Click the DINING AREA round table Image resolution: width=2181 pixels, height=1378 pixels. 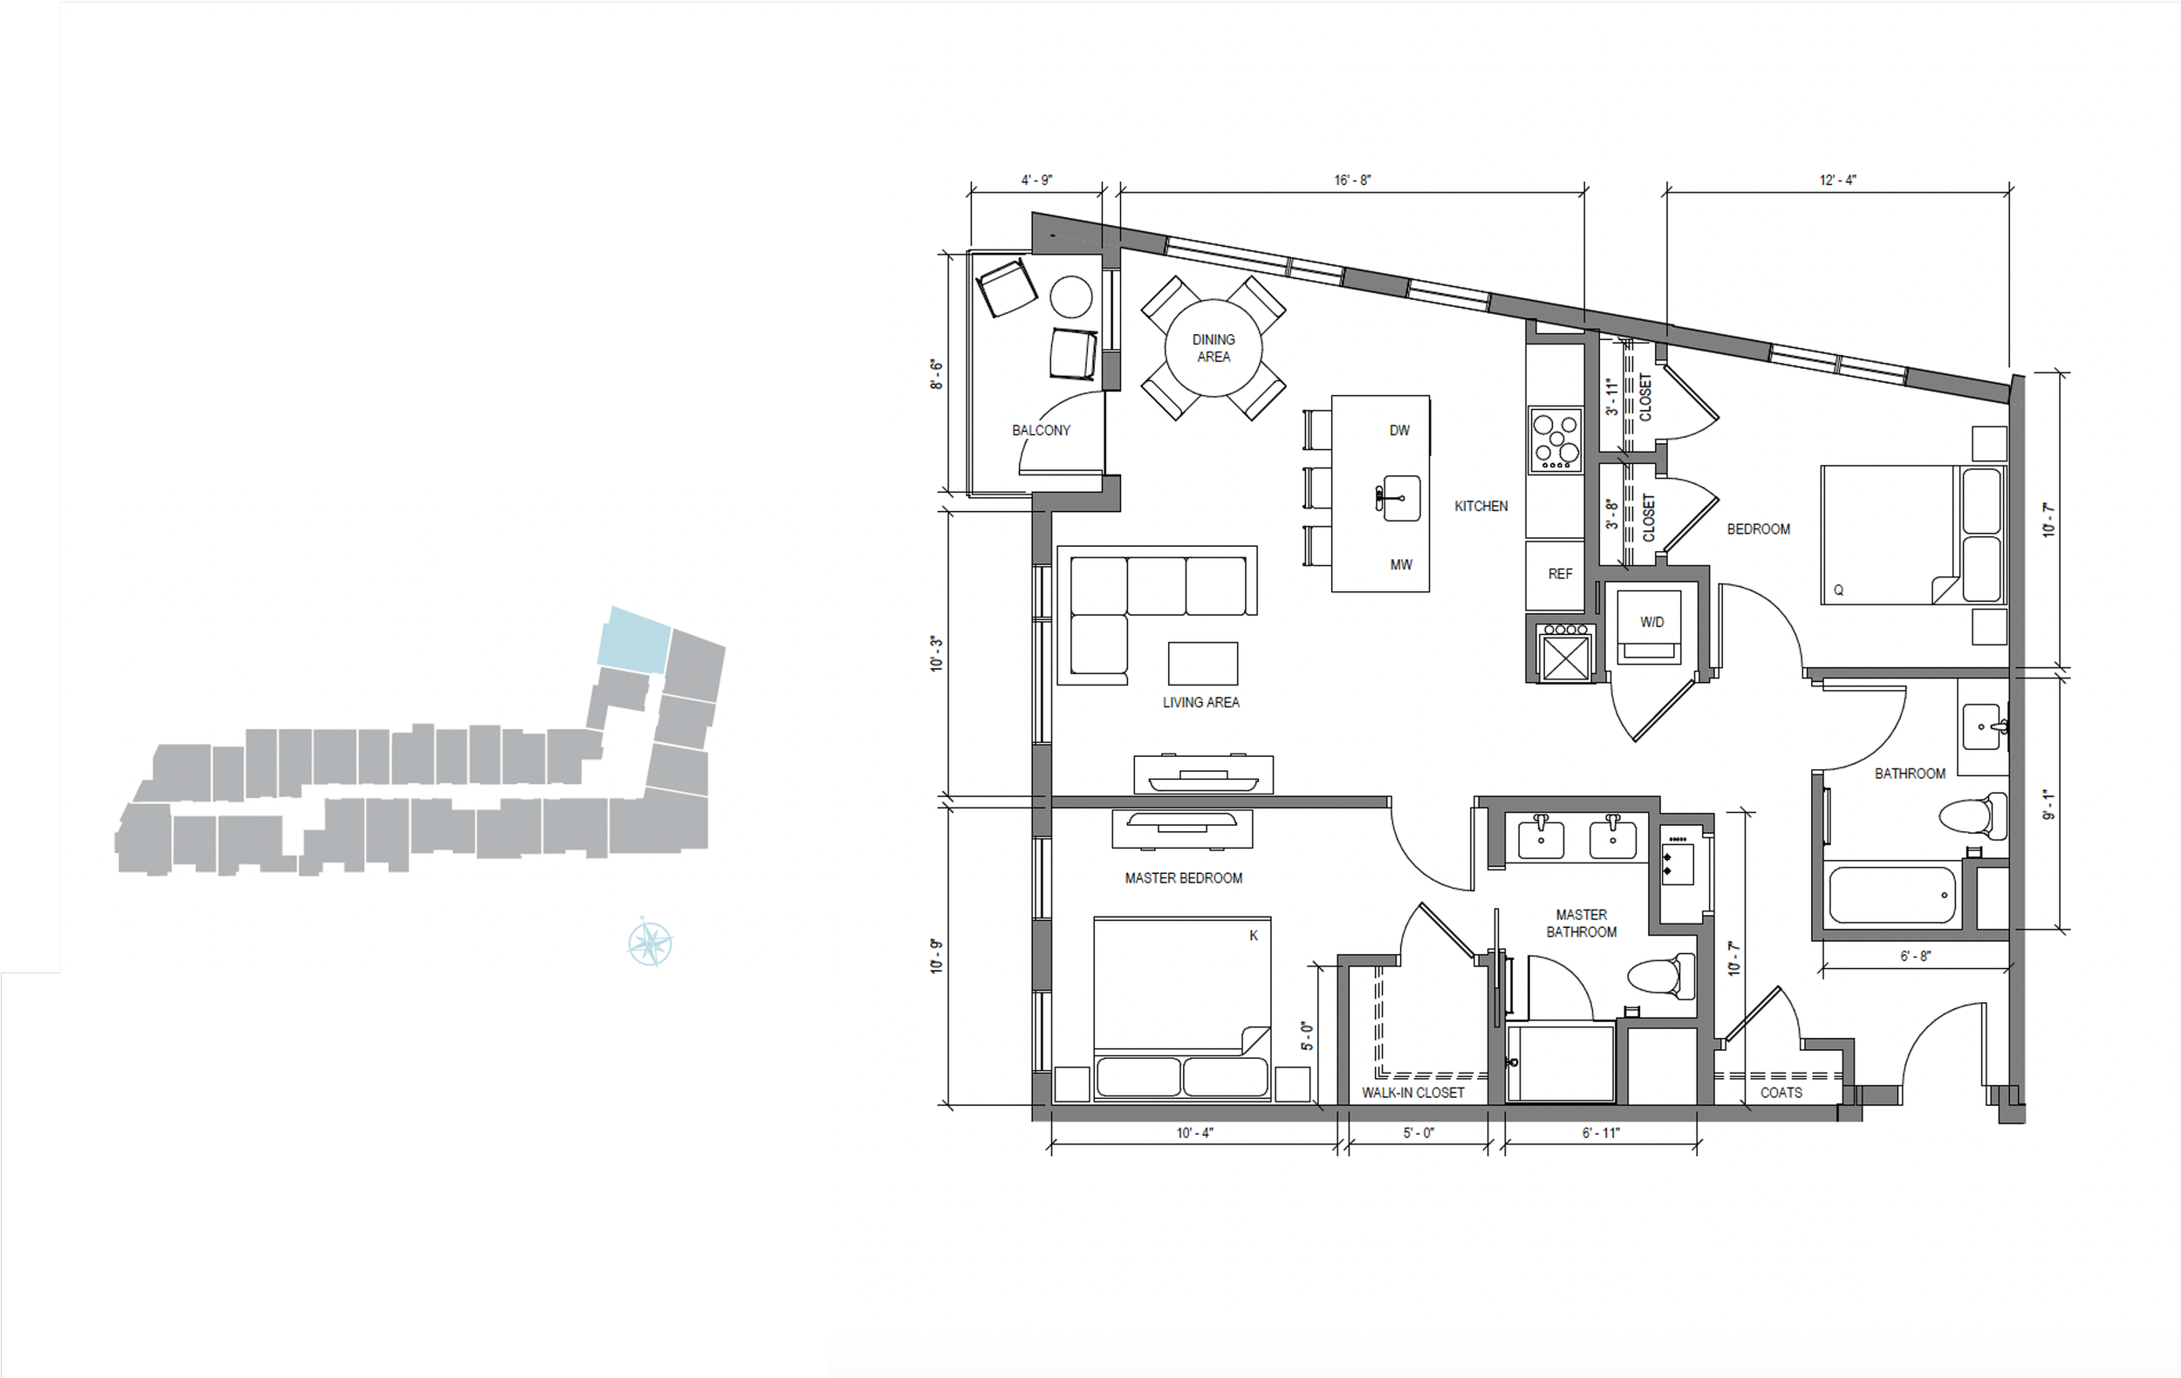coord(1213,348)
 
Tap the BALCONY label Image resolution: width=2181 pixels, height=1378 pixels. coord(1041,430)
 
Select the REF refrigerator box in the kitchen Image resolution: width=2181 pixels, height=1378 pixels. coord(1560,574)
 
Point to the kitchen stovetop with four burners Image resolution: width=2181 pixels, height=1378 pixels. coord(1556,440)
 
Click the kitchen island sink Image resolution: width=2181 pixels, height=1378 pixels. coord(1399,498)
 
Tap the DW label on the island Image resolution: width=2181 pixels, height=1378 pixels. coord(1399,430)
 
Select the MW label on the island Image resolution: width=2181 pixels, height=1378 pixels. coord(1400,565)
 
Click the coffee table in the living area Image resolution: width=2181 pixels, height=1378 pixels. coord(1202,664)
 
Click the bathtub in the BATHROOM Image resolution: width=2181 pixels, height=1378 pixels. coord(1891,895)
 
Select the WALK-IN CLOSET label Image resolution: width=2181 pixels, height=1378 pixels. coord(1412,1093)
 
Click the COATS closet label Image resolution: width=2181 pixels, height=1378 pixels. coord(1781,1093)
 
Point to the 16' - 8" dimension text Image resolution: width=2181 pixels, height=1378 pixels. coord(1352,181)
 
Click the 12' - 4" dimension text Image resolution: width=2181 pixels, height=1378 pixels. coord(1838,181)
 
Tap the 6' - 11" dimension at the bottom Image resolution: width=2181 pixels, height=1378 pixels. coord(1601,1133)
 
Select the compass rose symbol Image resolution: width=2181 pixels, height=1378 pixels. coord(649,943)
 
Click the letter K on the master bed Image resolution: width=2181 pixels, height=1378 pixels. coord(1254,935)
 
